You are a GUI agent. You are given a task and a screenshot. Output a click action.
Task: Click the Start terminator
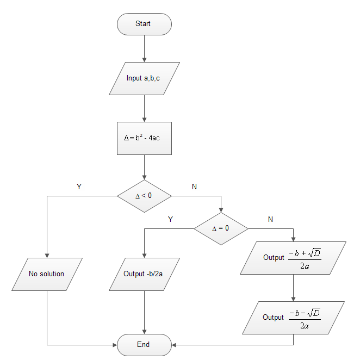(144, 24)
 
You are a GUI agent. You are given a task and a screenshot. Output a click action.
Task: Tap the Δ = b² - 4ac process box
(144, 138)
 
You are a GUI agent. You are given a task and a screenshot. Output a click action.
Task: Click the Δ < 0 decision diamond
(144, 195)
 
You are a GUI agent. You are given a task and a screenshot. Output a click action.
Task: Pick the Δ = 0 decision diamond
(221, 228)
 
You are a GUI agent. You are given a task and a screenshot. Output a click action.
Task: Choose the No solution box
(47, 274)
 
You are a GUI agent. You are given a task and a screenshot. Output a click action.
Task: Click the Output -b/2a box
(144, 274)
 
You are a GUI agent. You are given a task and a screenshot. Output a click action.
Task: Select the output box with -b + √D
(293, 258)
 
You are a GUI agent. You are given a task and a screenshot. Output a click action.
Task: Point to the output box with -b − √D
(293, 318)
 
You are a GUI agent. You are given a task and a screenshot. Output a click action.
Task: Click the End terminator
(144, 345)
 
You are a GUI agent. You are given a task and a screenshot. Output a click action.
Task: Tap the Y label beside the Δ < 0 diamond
(79, 187)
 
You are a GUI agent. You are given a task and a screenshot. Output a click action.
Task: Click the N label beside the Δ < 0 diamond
(195, 187)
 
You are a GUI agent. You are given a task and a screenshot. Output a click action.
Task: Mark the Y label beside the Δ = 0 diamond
(170, 219)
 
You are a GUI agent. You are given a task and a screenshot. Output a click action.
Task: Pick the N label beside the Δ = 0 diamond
(271, 219)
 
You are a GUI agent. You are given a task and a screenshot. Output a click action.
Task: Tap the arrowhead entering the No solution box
(47, 255)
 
